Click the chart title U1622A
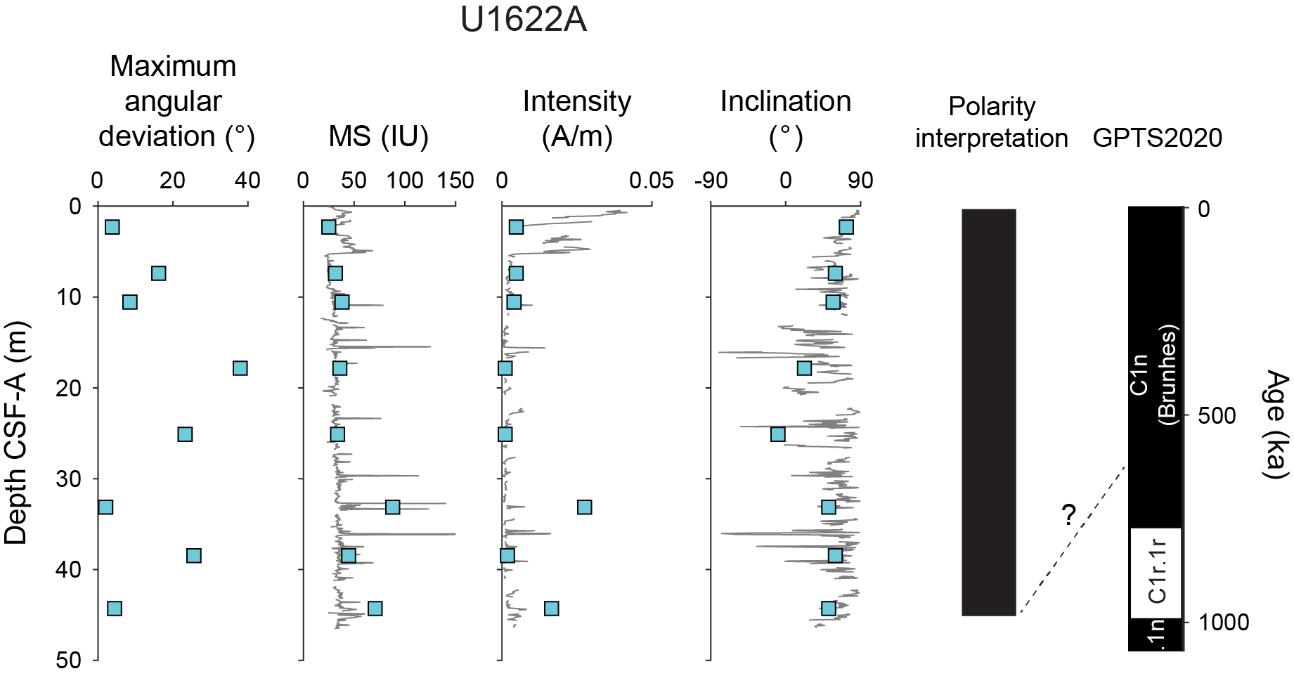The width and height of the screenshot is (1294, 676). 523,20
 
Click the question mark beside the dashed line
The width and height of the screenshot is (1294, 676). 1068,515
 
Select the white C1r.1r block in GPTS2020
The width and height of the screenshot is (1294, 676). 1156,573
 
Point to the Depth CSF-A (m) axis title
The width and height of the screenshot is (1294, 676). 15,433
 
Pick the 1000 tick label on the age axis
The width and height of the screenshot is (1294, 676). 1224,622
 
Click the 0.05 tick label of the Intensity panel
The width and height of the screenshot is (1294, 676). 651,181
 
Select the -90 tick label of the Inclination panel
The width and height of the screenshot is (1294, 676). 711,181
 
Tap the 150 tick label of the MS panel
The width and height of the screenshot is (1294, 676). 455,181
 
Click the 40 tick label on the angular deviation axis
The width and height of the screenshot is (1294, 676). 247,181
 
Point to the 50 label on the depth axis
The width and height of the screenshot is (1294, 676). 70,660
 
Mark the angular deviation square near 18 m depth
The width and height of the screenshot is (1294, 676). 240,368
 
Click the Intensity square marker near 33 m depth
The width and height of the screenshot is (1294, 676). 584,507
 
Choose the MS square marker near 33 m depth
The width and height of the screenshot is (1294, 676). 392,507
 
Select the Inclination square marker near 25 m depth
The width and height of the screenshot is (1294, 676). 777,434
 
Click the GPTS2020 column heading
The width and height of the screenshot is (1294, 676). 1157,138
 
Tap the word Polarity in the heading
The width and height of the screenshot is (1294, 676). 991,107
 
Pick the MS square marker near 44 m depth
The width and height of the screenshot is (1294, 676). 375,608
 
